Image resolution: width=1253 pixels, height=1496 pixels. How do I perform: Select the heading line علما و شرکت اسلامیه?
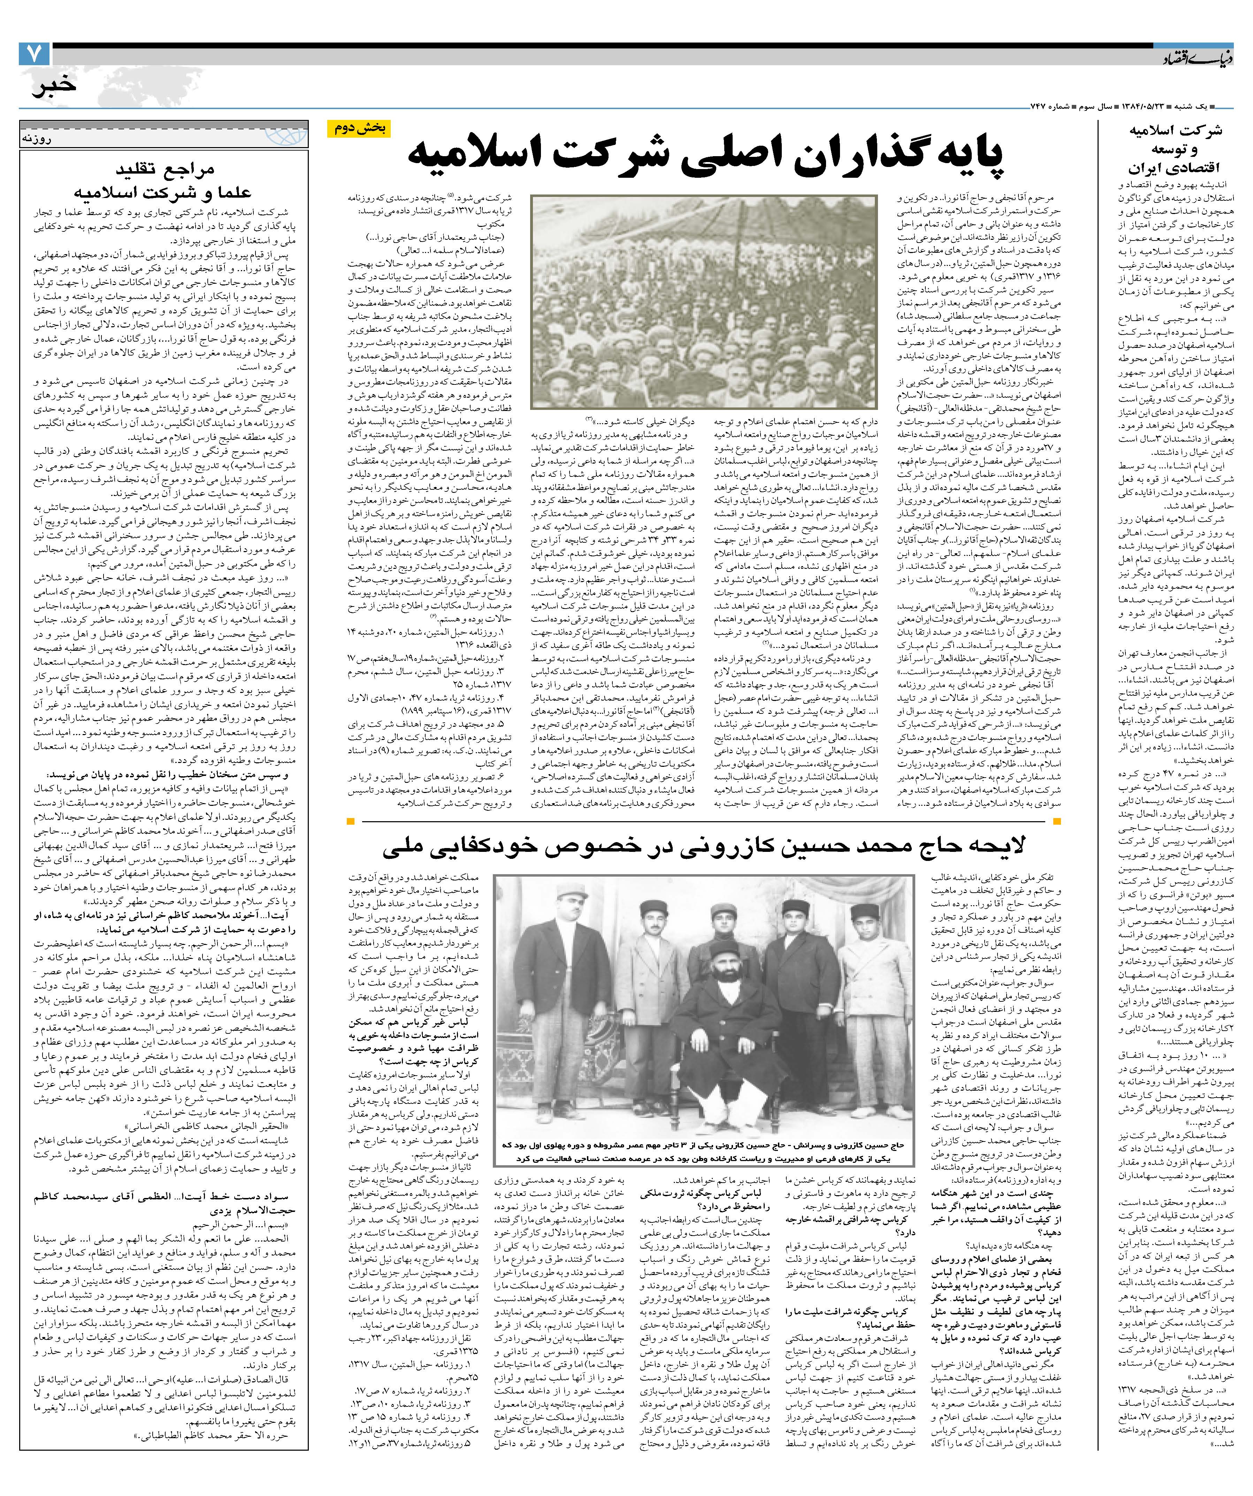pos(164,192)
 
